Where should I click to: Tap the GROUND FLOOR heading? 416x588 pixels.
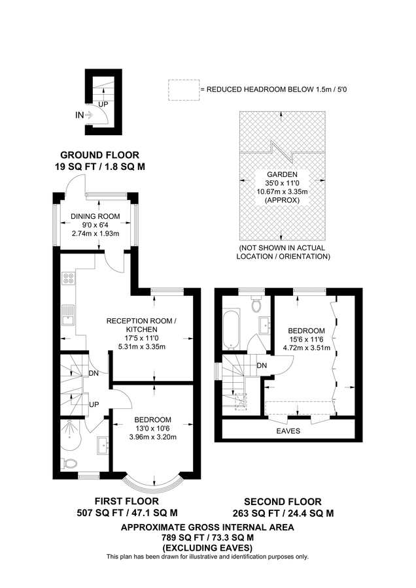pos(100,155)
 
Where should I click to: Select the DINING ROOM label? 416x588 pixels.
pos(95,216)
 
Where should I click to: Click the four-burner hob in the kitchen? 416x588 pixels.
pos(69,278)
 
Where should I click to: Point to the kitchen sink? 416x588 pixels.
pos(69,316)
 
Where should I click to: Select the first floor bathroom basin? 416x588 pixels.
pos(103,446)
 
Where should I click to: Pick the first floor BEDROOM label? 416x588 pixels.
pos(153,420)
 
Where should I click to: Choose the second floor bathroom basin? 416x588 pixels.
pos(265,324)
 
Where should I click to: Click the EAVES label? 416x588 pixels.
pos(288,431)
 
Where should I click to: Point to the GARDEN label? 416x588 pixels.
pos(283,174)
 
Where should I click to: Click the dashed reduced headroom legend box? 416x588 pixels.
pos(184,90)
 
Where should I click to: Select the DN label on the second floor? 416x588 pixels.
pos(262,365)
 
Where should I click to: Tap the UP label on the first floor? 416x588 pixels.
pos(94,404)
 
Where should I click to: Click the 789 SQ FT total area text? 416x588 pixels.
pos(207,538)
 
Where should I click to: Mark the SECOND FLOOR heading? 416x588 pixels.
pos(283,502)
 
